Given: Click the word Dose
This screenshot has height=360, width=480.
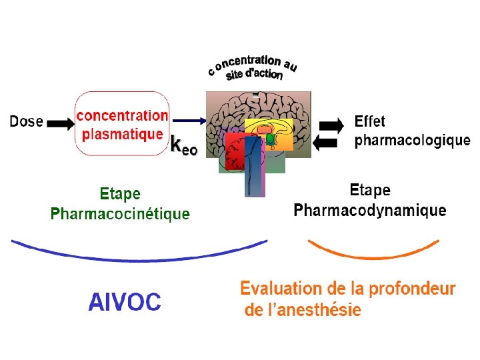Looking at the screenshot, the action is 26,122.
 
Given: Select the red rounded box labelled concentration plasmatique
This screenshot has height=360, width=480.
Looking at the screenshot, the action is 122,125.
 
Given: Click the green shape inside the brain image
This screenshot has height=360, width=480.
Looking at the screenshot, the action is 271,139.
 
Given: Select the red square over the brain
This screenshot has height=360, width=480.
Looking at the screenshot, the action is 235,152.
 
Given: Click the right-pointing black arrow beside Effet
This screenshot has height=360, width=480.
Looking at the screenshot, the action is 332,125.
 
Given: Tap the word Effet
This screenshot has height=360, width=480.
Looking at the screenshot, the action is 370,122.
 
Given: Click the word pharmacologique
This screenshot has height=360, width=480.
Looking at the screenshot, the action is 412,141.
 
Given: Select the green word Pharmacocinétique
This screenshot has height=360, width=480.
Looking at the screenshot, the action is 120,214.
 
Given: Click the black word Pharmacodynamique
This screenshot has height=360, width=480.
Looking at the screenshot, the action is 370,211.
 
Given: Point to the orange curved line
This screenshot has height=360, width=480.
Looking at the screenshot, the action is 373,253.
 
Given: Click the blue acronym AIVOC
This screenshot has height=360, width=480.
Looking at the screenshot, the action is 125,302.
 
